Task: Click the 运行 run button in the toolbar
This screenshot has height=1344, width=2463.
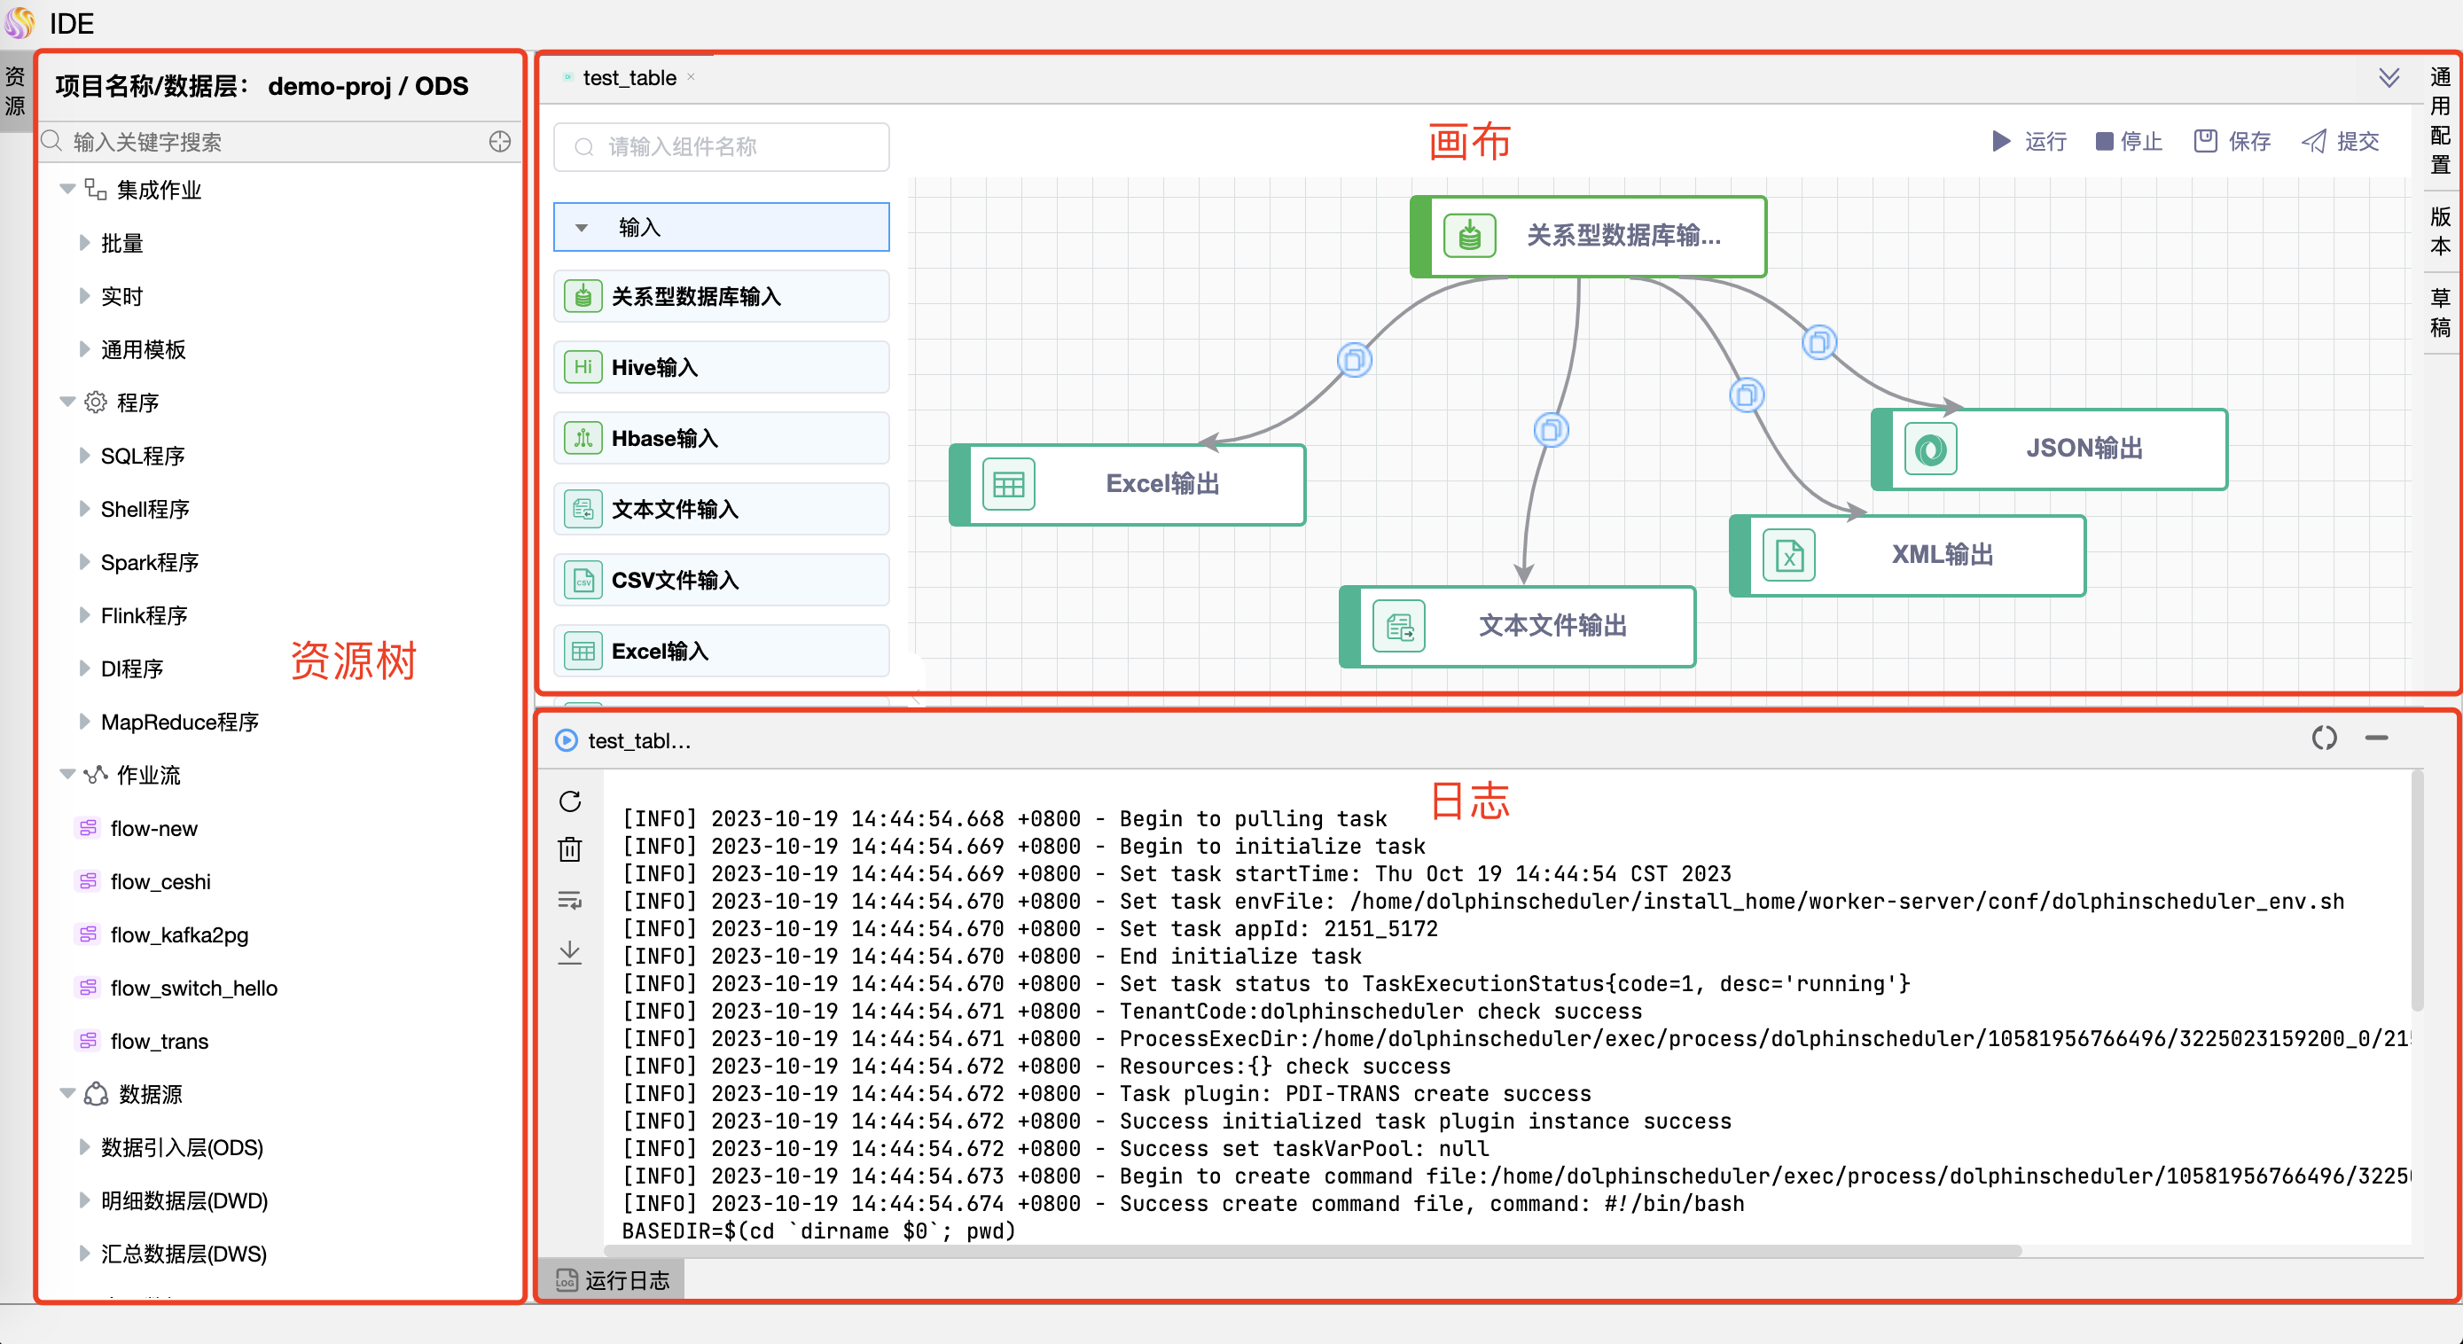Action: click(x=2029, y=142)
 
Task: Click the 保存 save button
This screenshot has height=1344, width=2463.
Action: click(x=2232, y=142)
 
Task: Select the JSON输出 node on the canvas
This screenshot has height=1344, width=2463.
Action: click(x=2050, y=449)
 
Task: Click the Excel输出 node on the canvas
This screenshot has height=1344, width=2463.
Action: click(x=1129, y=485)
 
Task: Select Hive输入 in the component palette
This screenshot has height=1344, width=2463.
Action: click(x=721, y=367)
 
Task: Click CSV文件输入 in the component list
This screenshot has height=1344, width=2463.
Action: click(x=721, y=580)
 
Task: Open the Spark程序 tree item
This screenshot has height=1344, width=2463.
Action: click(x=150, y=562)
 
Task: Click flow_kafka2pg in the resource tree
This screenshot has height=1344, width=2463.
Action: click(x=179, y=935)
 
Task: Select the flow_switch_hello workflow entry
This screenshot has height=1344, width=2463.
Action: click(x=193, y=988)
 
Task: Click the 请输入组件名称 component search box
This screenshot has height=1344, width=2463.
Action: click(x=722, y=146)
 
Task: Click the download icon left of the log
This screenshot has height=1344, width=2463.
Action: click(x=570, y=952)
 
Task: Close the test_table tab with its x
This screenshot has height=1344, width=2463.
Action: click(x=692, y=77)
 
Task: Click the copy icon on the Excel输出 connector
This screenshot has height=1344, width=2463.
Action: click(x=1354, y=360)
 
